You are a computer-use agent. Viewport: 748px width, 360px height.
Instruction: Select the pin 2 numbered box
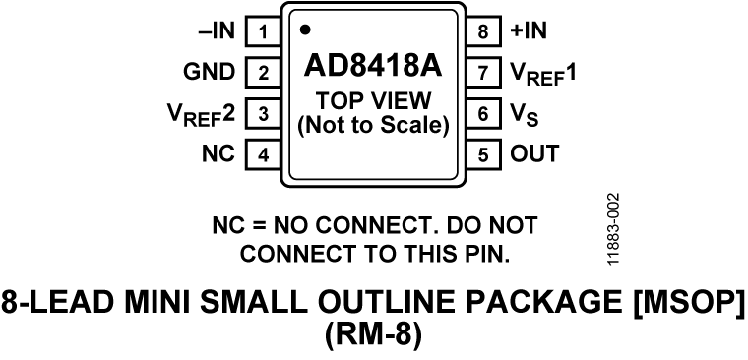pyautogui.click(x=263, y=72)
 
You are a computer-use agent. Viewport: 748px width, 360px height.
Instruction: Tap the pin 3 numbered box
pyautogui.click(x=263, y=113)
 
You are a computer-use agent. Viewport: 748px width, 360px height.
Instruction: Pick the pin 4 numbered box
pyautogui.click(x=263, y=154)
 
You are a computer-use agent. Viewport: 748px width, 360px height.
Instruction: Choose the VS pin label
pyautogui.click(x=523, y=114)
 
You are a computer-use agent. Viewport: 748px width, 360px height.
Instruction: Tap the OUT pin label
pyautogui.click(x=533, y=154)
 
